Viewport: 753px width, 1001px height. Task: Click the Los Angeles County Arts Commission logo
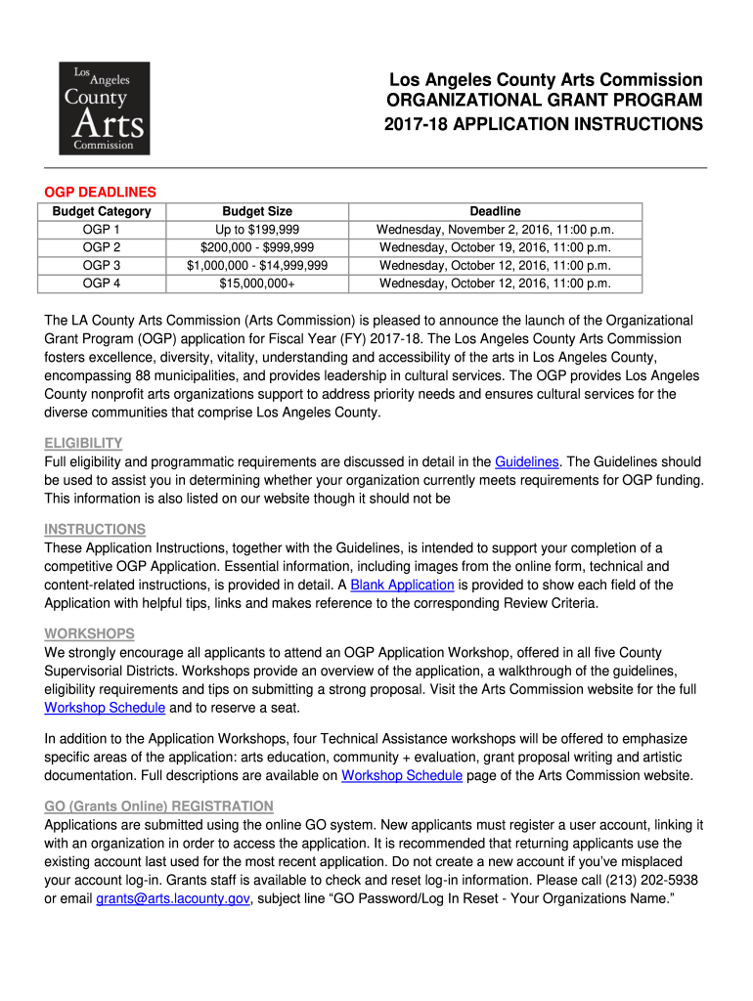105,108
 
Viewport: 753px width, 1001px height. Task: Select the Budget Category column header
102,211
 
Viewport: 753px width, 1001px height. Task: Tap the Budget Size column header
257,211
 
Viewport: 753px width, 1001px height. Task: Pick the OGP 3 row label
102,265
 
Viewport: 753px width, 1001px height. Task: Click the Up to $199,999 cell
257,229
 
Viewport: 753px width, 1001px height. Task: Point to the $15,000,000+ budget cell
257,283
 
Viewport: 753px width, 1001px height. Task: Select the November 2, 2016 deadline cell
495,229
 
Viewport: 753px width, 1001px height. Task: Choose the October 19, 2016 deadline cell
495,247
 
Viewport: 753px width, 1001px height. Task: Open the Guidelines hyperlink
527,461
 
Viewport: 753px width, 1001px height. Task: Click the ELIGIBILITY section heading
83,443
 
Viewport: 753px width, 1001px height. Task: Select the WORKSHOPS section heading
89,633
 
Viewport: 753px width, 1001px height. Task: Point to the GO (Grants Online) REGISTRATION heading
158,805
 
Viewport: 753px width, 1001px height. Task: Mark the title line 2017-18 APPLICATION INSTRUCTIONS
543,125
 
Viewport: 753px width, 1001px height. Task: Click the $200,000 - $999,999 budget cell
257,247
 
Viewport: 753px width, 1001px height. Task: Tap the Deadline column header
495,211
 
